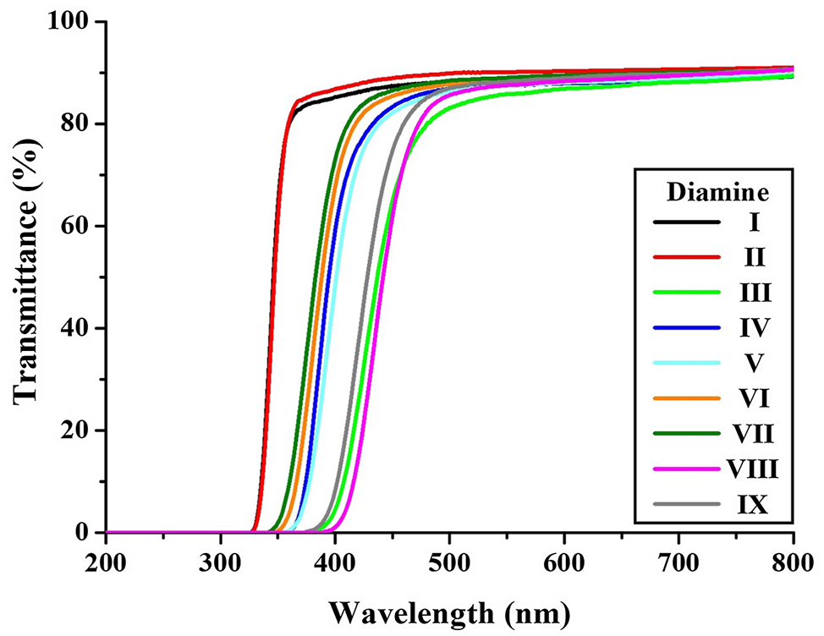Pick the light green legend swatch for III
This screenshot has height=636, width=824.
[686, 292]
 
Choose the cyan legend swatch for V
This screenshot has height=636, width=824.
[686, 363]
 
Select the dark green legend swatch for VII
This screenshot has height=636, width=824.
[686, 434]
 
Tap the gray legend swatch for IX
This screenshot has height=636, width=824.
[686, 505]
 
